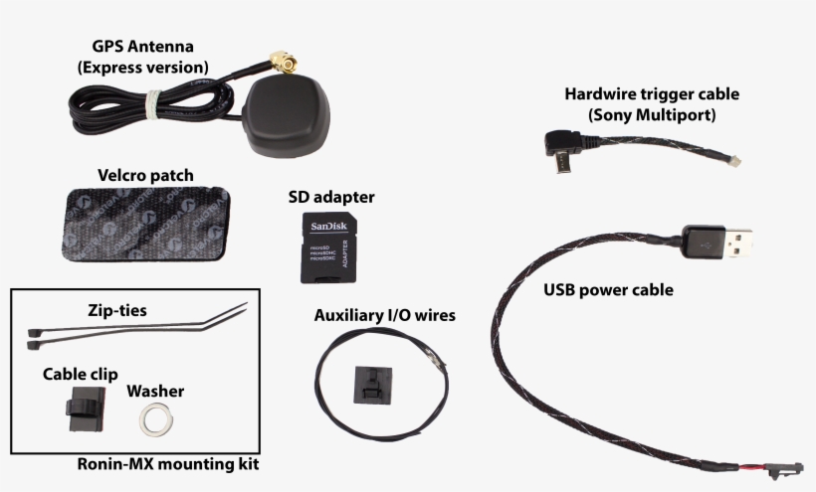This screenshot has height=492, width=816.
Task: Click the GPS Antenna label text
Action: [149, 57]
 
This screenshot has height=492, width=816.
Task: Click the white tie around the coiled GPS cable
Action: [153, 101]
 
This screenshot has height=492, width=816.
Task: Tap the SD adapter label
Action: [331, 197]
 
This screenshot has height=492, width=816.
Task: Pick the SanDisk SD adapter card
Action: [328, 249]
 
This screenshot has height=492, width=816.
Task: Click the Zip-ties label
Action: [115, 311]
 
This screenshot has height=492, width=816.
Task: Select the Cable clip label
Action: [81, 375]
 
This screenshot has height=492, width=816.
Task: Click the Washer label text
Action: [155, 392]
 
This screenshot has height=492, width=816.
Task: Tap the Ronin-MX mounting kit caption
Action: [168, 464]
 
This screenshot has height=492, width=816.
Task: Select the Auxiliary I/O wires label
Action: [384, 316]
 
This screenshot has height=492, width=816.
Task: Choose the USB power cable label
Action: [608, 291]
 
